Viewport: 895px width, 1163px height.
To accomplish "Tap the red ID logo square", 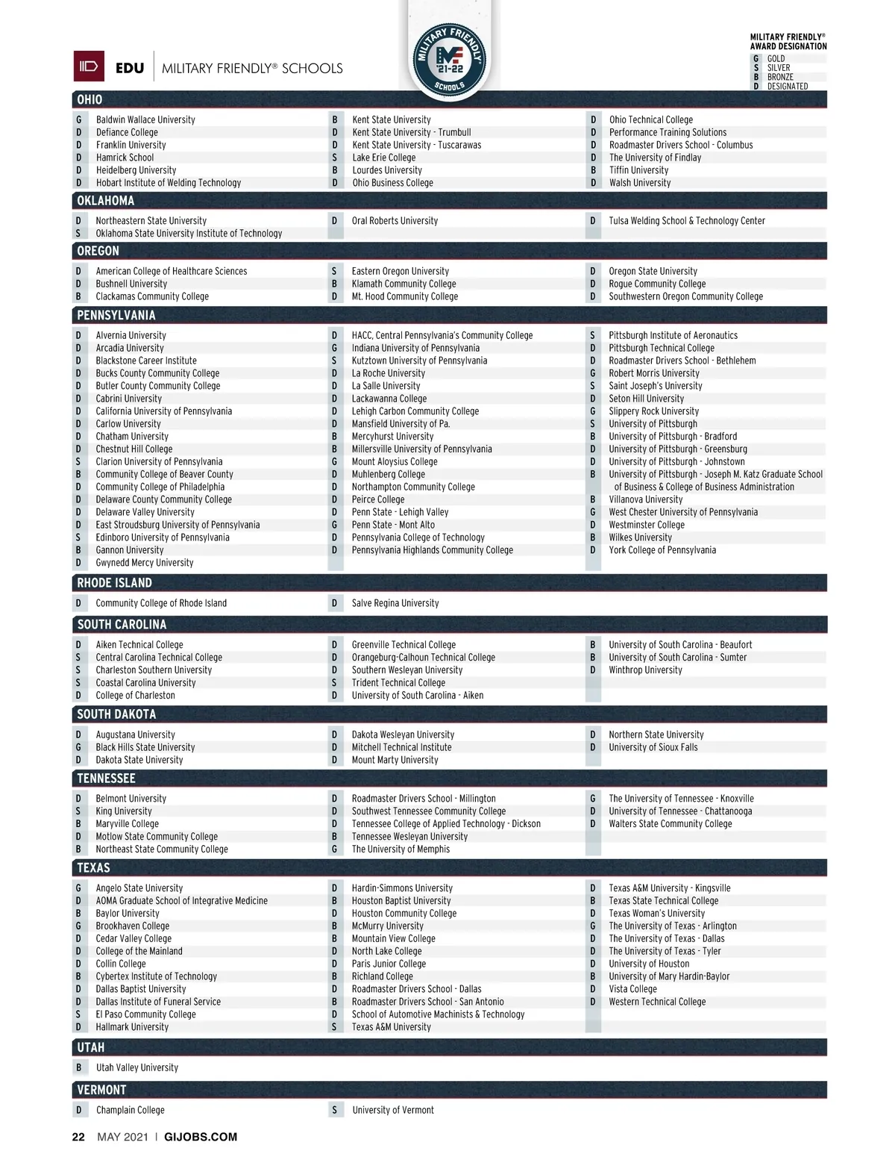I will (x=89, y=66).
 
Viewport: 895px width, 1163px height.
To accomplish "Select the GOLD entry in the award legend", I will (x=776, y=58).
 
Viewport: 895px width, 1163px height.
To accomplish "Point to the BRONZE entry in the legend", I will (x=780, y=77).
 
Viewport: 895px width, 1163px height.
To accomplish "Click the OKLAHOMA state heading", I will (x=106, y=201).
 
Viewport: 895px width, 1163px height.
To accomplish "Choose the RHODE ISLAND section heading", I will (x=114, y=583).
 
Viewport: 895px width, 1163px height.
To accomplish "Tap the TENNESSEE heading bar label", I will (x=106, y=779).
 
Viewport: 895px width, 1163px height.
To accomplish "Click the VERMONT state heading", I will (x=101, y=1090).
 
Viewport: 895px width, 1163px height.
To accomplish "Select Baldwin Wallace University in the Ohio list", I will (x=145, y=119).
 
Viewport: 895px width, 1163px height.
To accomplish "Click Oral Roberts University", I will (x=395, y=221).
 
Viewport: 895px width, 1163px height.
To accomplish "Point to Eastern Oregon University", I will (x=401, y=271).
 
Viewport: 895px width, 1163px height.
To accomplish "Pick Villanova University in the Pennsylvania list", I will (x=645, y=499).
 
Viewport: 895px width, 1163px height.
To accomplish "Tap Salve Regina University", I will (x=395, y=603).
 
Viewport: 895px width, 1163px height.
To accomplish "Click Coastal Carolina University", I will (x=145, y=683).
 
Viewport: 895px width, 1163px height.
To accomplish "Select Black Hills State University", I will (x=145, y=747).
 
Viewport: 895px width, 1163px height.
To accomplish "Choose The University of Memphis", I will (x=401, y=849).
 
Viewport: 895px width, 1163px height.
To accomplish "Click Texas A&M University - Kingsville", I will (x=669, y=888).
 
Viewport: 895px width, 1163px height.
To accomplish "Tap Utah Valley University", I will (x=137, y=1067).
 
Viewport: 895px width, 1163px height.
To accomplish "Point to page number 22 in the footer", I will (x=78, y=1137).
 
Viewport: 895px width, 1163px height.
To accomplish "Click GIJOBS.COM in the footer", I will (x=201, y=1137).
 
